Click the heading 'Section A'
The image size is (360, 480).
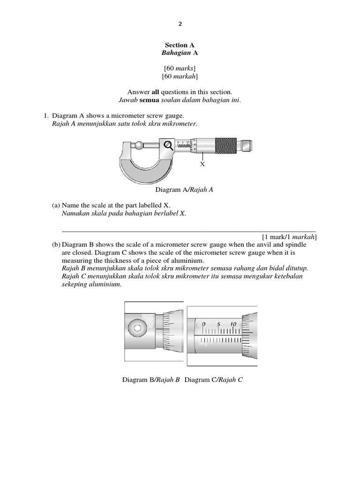click(180, 45)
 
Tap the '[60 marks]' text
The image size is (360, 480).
click(180, 68)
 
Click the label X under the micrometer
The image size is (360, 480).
click(202, 165)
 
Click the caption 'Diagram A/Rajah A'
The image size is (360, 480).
click(180, 190)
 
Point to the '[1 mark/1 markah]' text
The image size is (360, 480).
click(289, 237)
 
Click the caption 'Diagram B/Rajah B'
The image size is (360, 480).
click(151, 380)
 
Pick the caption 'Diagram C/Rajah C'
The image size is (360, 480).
click(213, 380)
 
